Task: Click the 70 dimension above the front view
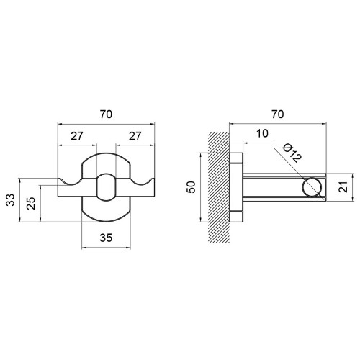pyautogui.click(x=106, y=114)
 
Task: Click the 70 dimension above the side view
pyautogui.click(x=278, y=114)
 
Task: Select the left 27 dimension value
pyautogui.click(x=77, y=136)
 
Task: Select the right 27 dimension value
pyautogui.click(x=135, y=136)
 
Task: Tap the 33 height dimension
pyautogui.click(x=10, y=200)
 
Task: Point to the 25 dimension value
pyautogui.click(x=31, y=203)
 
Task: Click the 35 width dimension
pyautogui.click(x=106, y=238)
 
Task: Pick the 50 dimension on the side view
pyautogui.click(x=192, y=187)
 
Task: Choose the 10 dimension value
pyautogui.click(x=262, y=133)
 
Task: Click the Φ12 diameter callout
pyautogui.click(x=292, y=153)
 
